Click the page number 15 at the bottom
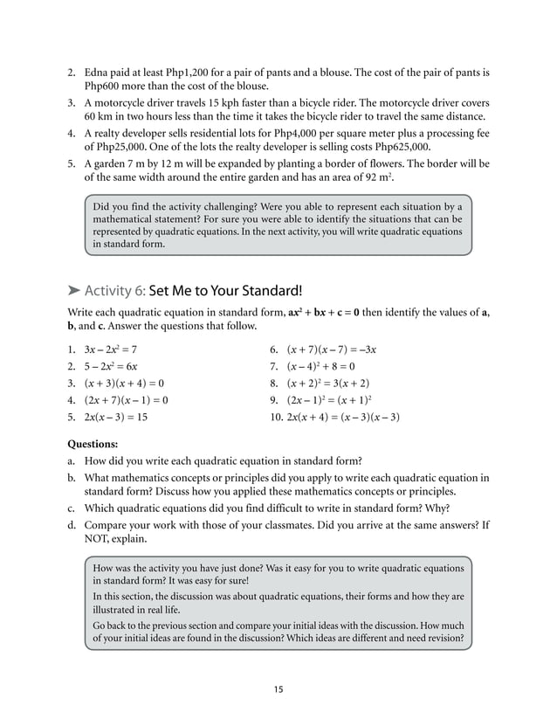click(x=278, y=689)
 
